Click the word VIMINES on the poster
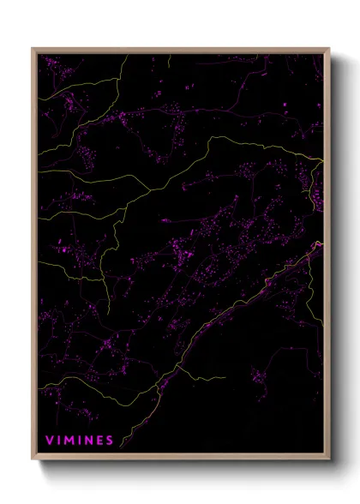pos(80,441)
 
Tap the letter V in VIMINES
pos(49,441)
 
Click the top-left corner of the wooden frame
pos(33,49)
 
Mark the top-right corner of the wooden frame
pos(329,49)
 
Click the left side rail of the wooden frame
pos(34,257)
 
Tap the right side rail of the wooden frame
pos(327,257)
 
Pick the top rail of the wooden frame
pos(180,51)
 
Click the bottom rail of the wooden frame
pos(180,457)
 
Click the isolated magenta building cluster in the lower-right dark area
pos(260,375)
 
